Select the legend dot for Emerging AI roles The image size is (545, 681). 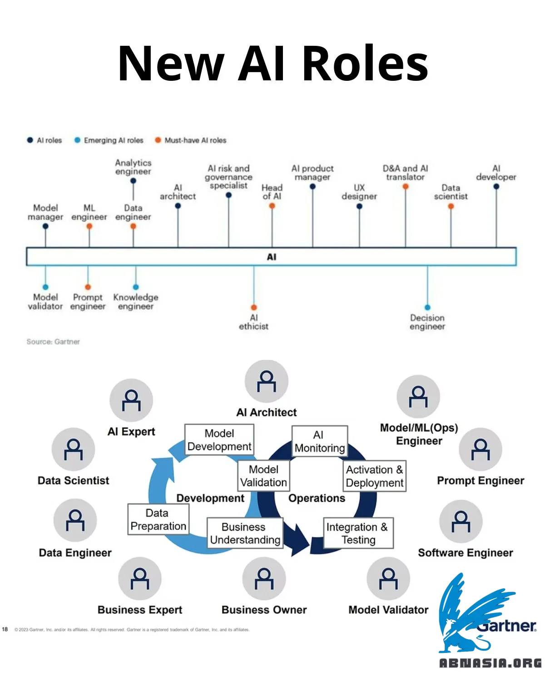pos(77,140)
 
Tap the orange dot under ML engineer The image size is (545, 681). pos(89,226)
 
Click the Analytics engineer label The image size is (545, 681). pos(133,167)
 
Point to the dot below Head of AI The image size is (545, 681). pos(272,206)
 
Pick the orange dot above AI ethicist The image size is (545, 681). pos(254,307)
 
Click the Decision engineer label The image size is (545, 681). pos(427,322)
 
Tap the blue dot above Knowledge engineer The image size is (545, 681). pos(136,287)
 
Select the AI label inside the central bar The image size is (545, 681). pos(272,257)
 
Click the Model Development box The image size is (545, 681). pos(219,440)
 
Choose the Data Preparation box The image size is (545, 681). pos(158,519)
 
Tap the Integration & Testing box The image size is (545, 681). pos(358,533)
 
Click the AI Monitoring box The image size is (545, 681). pos(320,441)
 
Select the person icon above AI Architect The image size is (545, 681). pos(267,381)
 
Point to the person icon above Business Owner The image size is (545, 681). pos(264,579)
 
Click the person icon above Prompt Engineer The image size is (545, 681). pos(481,449)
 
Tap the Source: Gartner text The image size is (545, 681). pos(53,341)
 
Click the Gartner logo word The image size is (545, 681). pos(507,626)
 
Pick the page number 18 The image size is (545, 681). pos(5,629)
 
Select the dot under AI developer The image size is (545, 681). pos(496,187)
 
